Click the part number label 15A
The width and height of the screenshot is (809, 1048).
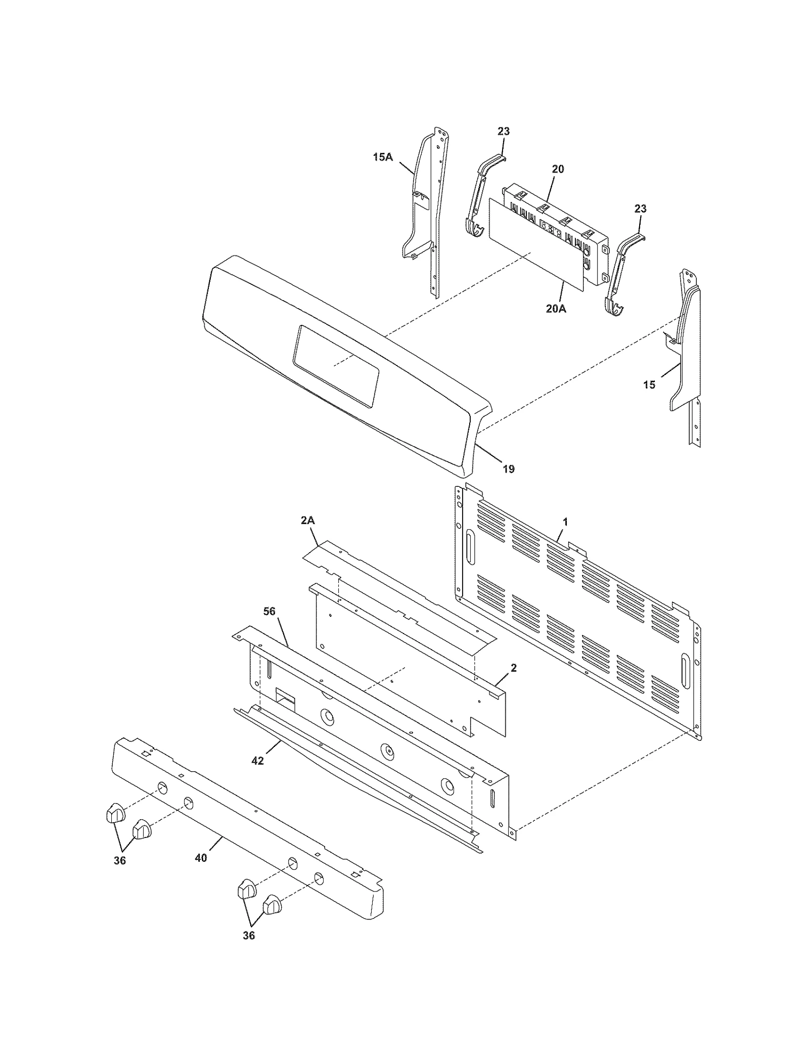tap(382, 157)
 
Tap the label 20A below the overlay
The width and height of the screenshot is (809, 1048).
tap(556, 308)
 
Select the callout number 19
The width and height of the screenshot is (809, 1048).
tap(509, 469)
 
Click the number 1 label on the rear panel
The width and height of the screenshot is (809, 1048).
tap(565, 521)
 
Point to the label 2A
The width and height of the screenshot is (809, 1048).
tap(308, 520)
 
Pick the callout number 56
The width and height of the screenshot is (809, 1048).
tap(269, 611)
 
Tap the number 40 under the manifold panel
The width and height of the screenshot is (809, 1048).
tap(201, 858)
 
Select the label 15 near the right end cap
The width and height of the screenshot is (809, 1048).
tap(649, 385)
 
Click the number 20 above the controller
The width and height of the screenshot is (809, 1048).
tap(558, 169)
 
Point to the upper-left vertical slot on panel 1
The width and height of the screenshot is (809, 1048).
tap(470, 547)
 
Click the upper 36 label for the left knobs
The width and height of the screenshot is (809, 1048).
tap(119, 860)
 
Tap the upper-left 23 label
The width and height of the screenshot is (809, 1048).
tap(503, 132)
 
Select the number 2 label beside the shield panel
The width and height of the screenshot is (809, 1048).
tap(514, 668)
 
